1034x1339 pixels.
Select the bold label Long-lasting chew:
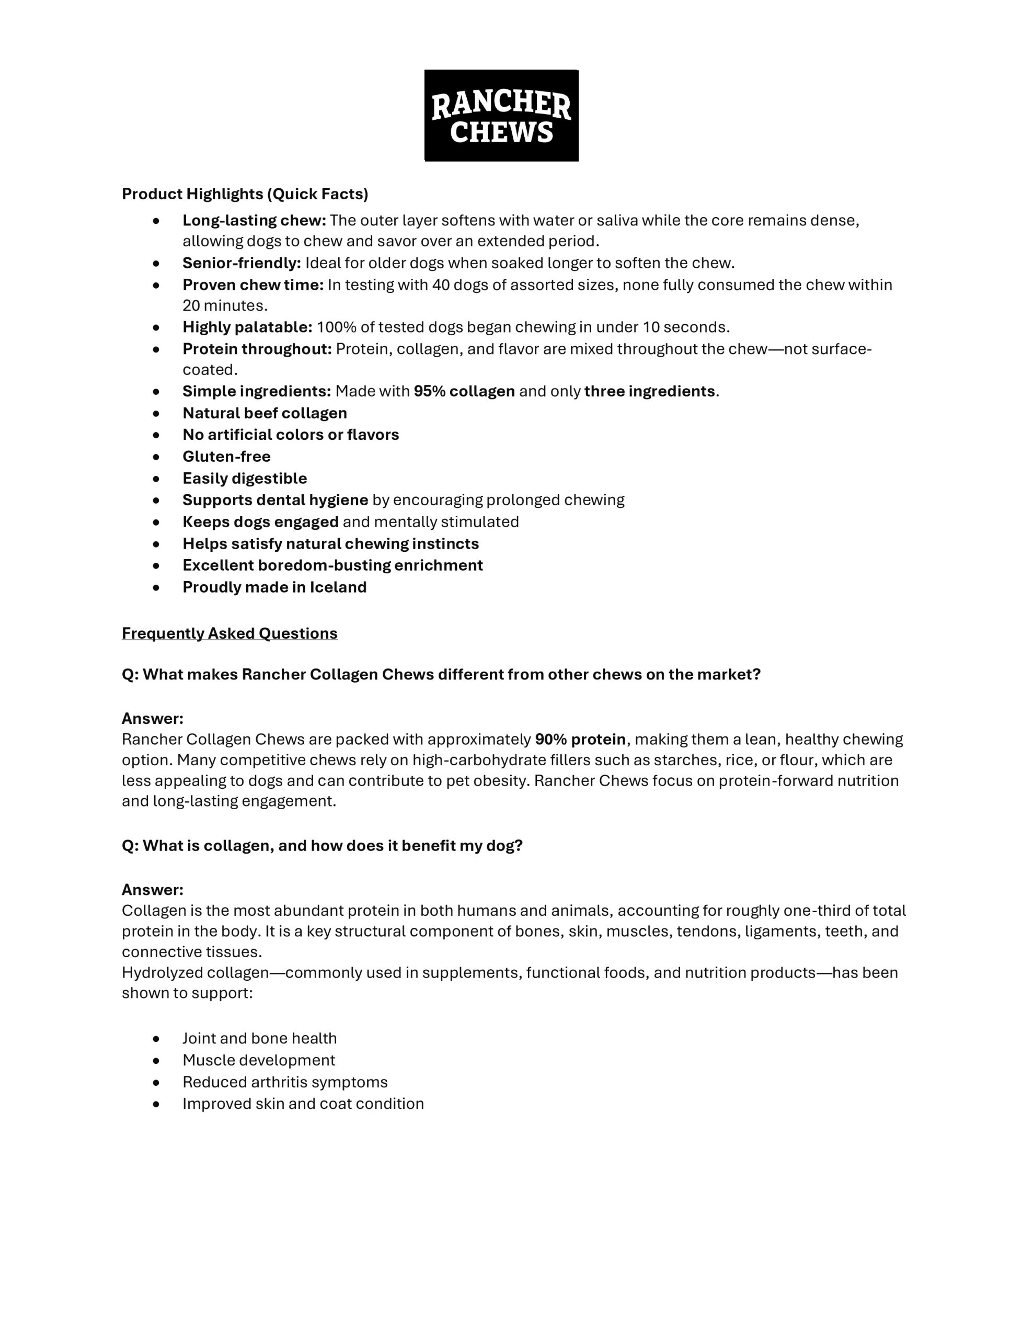coord(254,220)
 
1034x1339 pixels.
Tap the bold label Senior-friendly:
coord(242,263)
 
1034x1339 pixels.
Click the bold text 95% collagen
coord(464,391)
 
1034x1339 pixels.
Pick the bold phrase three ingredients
coord(649,391)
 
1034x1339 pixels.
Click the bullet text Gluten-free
coord(226,456)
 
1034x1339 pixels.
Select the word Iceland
coord(338,587)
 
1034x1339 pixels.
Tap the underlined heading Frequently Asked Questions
coord(229,633)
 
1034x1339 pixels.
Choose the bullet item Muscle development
coord(259,1060)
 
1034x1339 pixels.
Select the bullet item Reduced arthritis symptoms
coord(284,1082)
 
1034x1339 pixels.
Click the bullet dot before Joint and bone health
coord(156,1039)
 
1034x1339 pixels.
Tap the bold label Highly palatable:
coord(247,327)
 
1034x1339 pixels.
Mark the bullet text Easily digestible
coord(245,478)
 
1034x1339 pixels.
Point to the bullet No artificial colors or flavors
coord(291,435)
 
